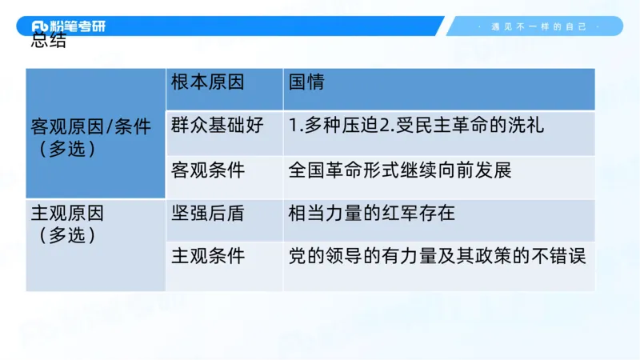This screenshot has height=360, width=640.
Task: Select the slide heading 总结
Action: pyautogui.click(x=49, y=42)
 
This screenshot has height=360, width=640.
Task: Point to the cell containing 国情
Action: pyautogui.click(x=306, y=82)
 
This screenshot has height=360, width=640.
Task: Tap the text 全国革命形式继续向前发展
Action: pyautogui.click(x=399, y=170)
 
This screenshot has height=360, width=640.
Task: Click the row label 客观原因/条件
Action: pyautogui.click(x=90, y=127)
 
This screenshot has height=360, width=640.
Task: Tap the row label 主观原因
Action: pyautogui.click(x=67, y=214)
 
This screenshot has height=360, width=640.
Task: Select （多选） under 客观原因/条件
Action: pyautogui.click(x=67, y=150)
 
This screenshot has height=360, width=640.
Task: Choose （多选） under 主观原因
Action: pyautogui.click(x=67, y=235)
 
